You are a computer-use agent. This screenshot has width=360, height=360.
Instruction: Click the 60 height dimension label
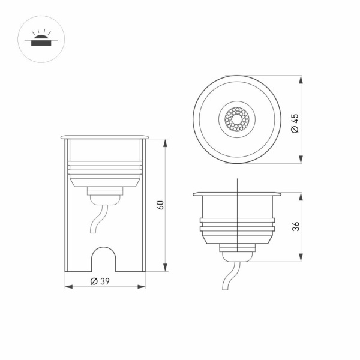point(160,205)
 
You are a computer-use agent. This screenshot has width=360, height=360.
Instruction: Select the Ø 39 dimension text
point(100,281)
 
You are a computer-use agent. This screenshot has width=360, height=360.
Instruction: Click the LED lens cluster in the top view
point(238,119)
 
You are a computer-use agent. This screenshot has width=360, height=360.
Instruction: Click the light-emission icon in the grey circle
point(40,40)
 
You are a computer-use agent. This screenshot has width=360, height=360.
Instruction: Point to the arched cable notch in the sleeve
point(106,258)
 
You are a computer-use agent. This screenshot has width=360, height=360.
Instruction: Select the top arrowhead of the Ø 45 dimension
point(299,79)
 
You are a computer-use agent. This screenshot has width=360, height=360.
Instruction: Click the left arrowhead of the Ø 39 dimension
point(67,287)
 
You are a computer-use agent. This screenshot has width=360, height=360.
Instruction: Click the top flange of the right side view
point(238,194)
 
